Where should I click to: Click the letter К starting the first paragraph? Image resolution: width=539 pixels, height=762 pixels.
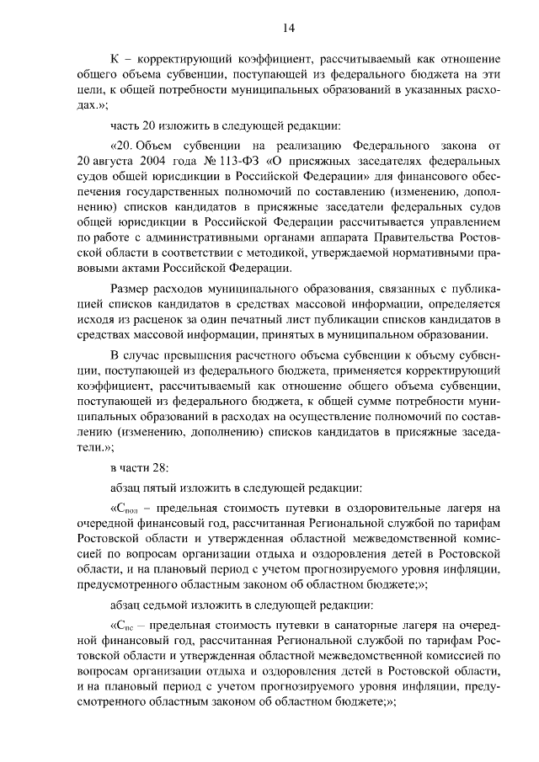pos(115,60)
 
